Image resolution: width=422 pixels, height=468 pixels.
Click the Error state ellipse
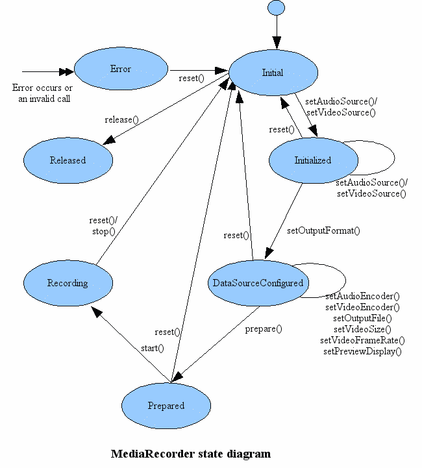point(121,68)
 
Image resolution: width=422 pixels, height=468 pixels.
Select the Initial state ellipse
point(273,72)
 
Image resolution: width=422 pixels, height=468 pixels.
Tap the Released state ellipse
point(68,160)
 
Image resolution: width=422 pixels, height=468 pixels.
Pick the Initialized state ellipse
point(313,160)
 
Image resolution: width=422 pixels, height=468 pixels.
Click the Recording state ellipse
point(68,282)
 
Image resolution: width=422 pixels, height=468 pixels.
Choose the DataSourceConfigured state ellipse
point(258,282)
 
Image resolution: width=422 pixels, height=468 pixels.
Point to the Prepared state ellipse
point(166,405)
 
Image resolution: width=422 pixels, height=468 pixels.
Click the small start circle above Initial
point(276,8)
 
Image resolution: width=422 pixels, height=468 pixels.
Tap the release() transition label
point(122,119)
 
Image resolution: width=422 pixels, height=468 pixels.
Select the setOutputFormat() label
point(323,230)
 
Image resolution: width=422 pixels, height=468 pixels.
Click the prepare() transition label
point(264,328)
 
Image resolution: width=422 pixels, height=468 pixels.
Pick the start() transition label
point(152,348)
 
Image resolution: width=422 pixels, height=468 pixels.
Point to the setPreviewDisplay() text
point(362,351)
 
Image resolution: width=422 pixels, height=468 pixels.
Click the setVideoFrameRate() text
point(362,340)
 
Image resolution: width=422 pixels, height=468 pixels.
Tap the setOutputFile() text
point(362,318)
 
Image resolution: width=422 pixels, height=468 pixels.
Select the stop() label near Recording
point(103,230)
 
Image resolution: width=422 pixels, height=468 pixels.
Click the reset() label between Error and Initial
point(192,78)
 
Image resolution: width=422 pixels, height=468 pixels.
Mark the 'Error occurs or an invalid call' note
point(43,93)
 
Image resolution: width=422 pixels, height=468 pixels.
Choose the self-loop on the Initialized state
point(377,156)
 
